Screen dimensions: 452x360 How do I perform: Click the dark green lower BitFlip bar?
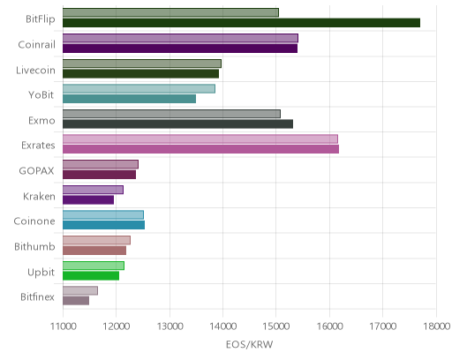click(241, 23)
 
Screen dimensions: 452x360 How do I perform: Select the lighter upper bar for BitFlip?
click(170, 12)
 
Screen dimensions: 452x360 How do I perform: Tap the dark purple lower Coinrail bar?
click(180, 49)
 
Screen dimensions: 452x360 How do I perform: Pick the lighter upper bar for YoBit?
click(139, 88)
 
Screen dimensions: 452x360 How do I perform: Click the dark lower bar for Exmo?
click(177, 124)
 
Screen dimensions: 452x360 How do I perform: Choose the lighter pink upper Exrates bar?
click(200, 139)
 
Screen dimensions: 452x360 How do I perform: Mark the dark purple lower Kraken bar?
click(88, 199)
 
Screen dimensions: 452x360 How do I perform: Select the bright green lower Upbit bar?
click(91, 275)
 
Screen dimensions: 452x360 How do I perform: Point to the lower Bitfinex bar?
click(76, 301)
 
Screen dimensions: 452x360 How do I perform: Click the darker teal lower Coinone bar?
click(103, 225)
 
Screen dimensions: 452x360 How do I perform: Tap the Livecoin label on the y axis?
click(35, 71)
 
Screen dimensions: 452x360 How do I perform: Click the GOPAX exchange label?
click(36, 171)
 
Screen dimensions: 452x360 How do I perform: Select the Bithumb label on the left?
click(34, 246)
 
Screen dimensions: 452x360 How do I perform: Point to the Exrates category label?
click(38, 146)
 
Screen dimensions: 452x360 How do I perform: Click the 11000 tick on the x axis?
click(64, 326)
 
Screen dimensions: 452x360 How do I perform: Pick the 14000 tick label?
click(223, 326)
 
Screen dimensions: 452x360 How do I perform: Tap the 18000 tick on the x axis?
click(437, 326)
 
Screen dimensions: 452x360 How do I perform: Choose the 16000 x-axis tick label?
click(329, 326)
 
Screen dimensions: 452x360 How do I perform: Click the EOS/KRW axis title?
click(249, 344)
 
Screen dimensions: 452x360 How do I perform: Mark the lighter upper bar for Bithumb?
click(96, 240)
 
